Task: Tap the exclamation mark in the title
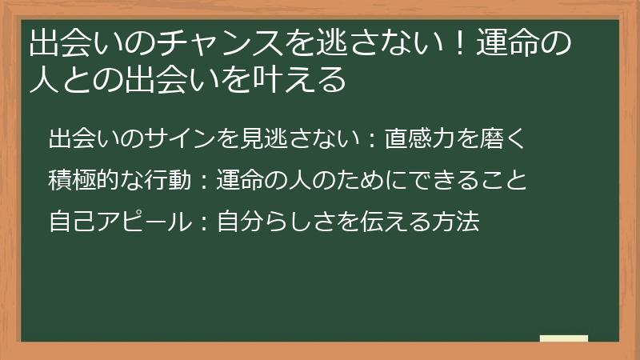453,44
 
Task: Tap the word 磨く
502,138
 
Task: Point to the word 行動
160,179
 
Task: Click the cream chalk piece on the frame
563,338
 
